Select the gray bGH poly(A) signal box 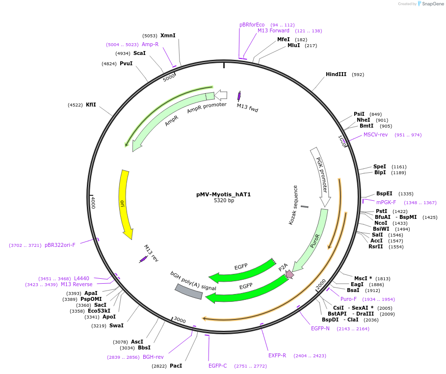coord(189,292)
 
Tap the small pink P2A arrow coord(289,274)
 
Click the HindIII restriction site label coord(336,75)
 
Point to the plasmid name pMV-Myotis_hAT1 coord(223,194)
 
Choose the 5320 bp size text coord(224,201)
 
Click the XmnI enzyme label coord(168,35)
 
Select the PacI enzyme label coord(176,366)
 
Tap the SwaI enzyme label coord(116,325)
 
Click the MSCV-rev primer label coord(375,135)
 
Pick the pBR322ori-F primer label coord(60,245)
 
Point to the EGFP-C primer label coord(217,366)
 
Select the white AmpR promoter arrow coord(221,95)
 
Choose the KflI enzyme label coord(91,105)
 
